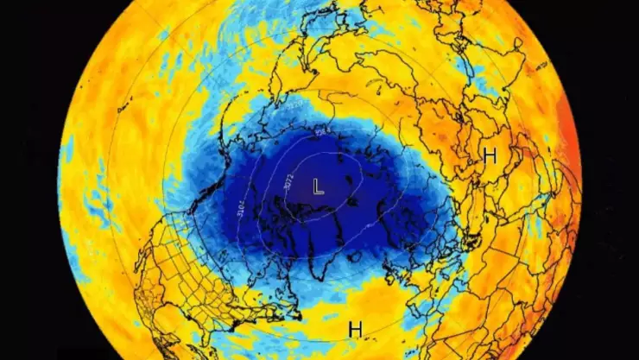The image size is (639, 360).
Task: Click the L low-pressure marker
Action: pyautogui.click(x=318, y=186)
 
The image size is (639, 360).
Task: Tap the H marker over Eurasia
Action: pyautogui.click(x=490, y=155)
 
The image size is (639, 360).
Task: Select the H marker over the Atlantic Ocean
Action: pyautogui.click(x=354, y=328)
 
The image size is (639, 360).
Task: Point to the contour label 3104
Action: pyautogui.click(x=239, y=207)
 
